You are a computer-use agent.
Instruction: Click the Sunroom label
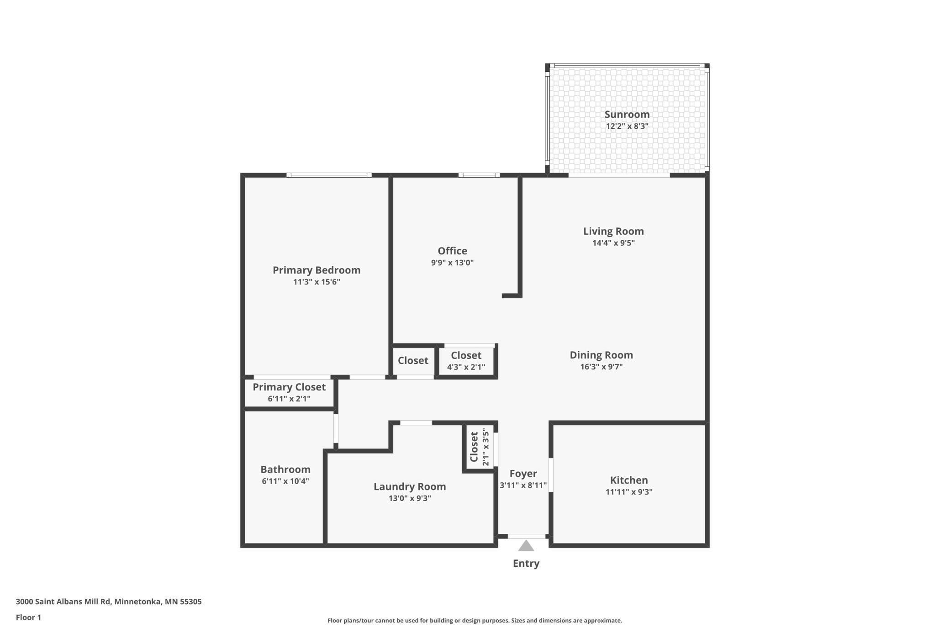pyautogui.click(x=627, y=115)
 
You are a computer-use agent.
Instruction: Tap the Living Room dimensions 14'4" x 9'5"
pyautogui.click(x=613, y=243)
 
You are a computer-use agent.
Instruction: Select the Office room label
pyautogui.click(x=452, y=251)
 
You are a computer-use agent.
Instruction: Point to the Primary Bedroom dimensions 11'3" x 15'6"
pyautogui.click(x=317, y=282)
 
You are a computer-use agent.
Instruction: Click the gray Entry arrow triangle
pyautogui.click(x=526, y=546)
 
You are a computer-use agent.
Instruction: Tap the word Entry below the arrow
pyautogui.click(x=526, y=564)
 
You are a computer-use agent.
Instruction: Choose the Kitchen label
pyautogui.click(x=629, y=480)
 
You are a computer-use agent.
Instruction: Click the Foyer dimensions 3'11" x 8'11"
pyautogui.click(x=523, y=485)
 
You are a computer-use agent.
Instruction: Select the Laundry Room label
pyautogui.click(x=410, y=486)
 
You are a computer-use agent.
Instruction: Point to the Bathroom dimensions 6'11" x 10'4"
pyautogui.click(x=285, y=481)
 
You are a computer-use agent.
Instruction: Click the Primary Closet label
pyautogui.click(x=289, y=387)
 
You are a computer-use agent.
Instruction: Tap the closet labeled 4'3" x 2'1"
pyautogui.click(x=466, y=361)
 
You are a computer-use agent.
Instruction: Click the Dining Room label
pyautogui.click(x=601, y=355)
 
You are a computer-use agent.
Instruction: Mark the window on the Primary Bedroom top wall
pyautogui.click(x=329, y=175)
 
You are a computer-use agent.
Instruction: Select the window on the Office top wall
pyautogui.click(x=479, y=175)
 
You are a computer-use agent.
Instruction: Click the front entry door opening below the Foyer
pyautogui.click(x=526, y=536)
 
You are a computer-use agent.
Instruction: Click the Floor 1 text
pyautogui.click(x=28, y=617)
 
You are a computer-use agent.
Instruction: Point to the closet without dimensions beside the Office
pyautogui.click(x=413, y=361)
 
